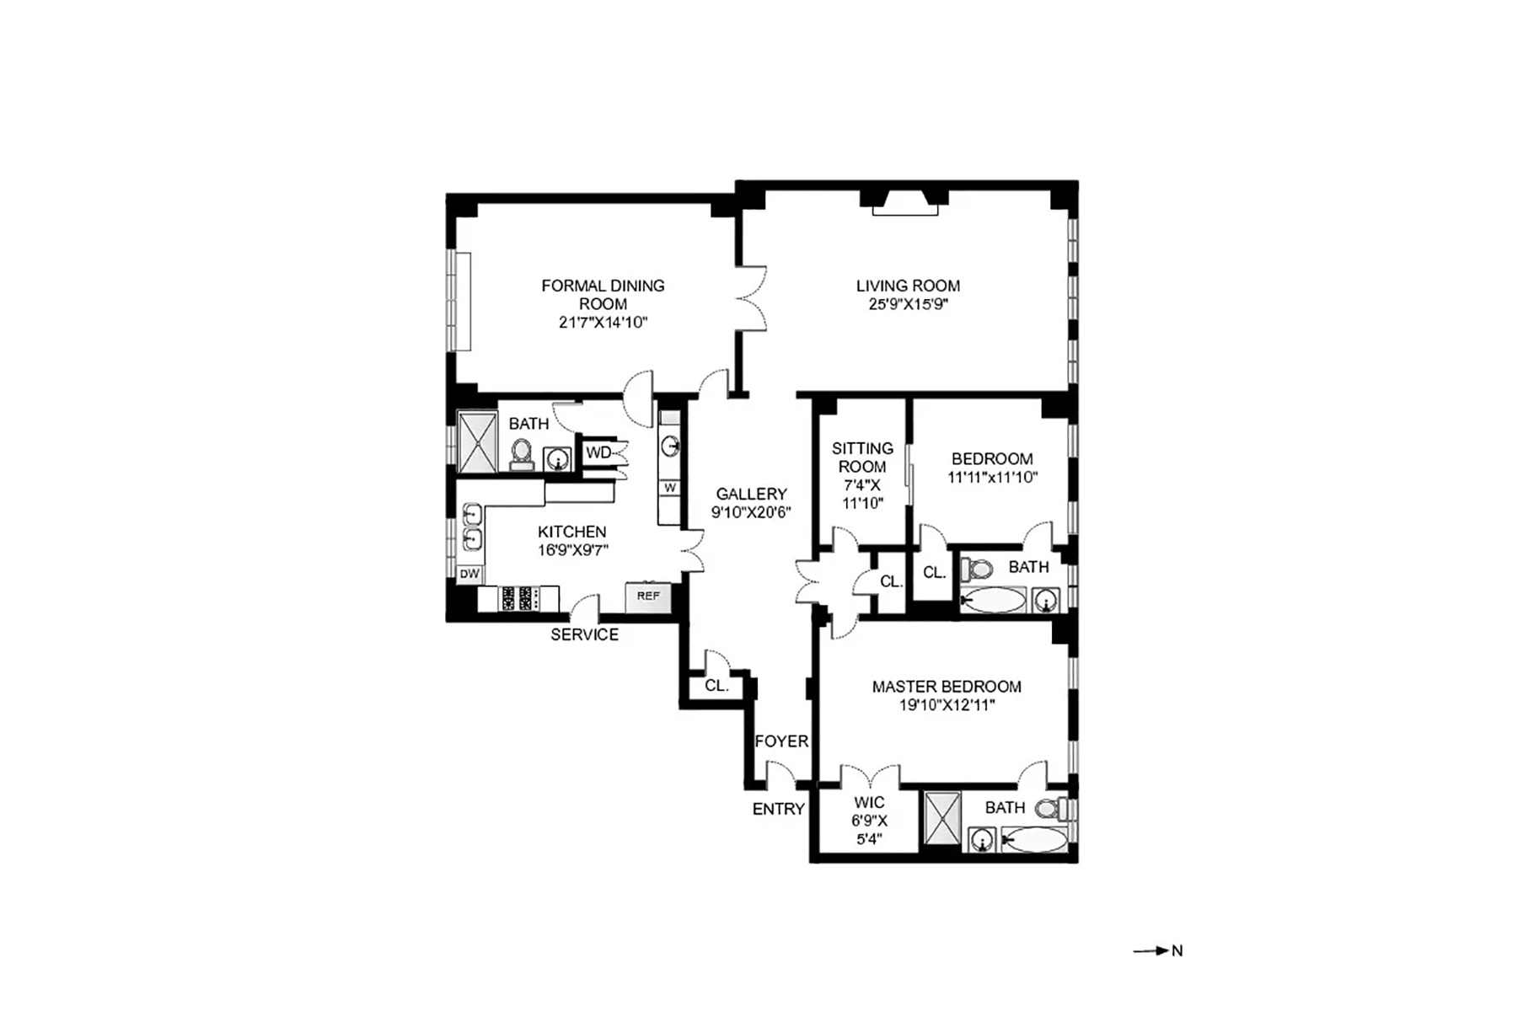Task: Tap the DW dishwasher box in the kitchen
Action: coord(469,575)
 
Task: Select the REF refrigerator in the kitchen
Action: coord(647,596)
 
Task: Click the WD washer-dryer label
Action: coord(598,452)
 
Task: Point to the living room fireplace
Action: coord(905,204)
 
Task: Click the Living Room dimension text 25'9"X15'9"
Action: coord(908,304)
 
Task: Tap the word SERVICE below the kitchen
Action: coord(584,635)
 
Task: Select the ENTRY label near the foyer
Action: coord(778,810)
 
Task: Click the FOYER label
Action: coord(781,741)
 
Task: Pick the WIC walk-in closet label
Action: coord(869,803)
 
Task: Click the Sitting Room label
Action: coord(862,457)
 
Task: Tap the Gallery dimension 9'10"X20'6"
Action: coord(751,512)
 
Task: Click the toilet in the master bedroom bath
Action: coord(1051,810)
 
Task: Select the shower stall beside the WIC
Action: coord(942,817)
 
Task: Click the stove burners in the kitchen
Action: coord(519,598)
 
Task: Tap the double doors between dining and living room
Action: coord(751,298)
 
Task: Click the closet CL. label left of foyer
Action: coord(716,686)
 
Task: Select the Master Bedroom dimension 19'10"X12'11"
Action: coord(947,705)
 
